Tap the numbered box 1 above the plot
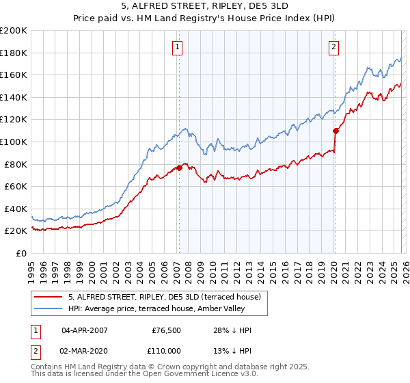click(177, 47)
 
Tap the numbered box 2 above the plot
click(333, 47)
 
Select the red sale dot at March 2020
click(336, 131)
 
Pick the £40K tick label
click(16, 209)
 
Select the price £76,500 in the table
click(166, 330)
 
